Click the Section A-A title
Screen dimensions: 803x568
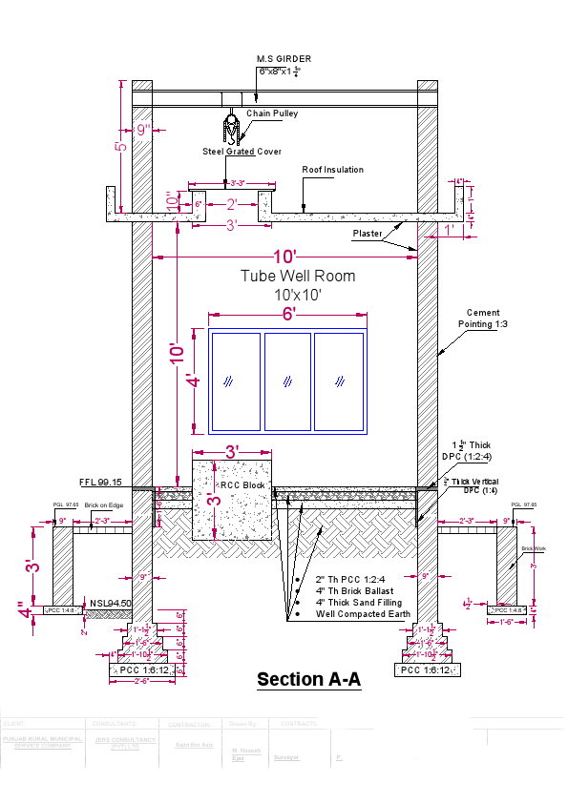(308, 680)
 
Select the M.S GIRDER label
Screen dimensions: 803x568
(284, 59)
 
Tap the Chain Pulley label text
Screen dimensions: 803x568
(272, 113)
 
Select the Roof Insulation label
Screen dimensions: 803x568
(332, 170)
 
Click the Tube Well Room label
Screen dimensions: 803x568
(297, 277)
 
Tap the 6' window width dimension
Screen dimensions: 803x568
(287, 314)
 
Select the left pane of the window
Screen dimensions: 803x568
(235, 381)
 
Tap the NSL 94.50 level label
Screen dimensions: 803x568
(111, 603)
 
